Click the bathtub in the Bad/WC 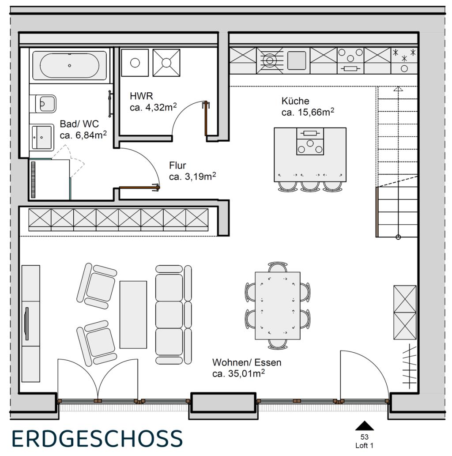[x=69, y=65]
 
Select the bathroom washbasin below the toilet [x=42, y=136]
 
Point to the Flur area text [x=192, y=177]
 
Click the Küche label [x=295, y=101]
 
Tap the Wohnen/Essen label [x=247, y=363]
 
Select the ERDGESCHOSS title [x=97, y=438]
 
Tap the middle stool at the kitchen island [x=310, y=185]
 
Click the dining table [x=277, y=305]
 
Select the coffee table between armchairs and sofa [x=133, y=314]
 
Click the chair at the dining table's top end [x=278, y=267]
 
